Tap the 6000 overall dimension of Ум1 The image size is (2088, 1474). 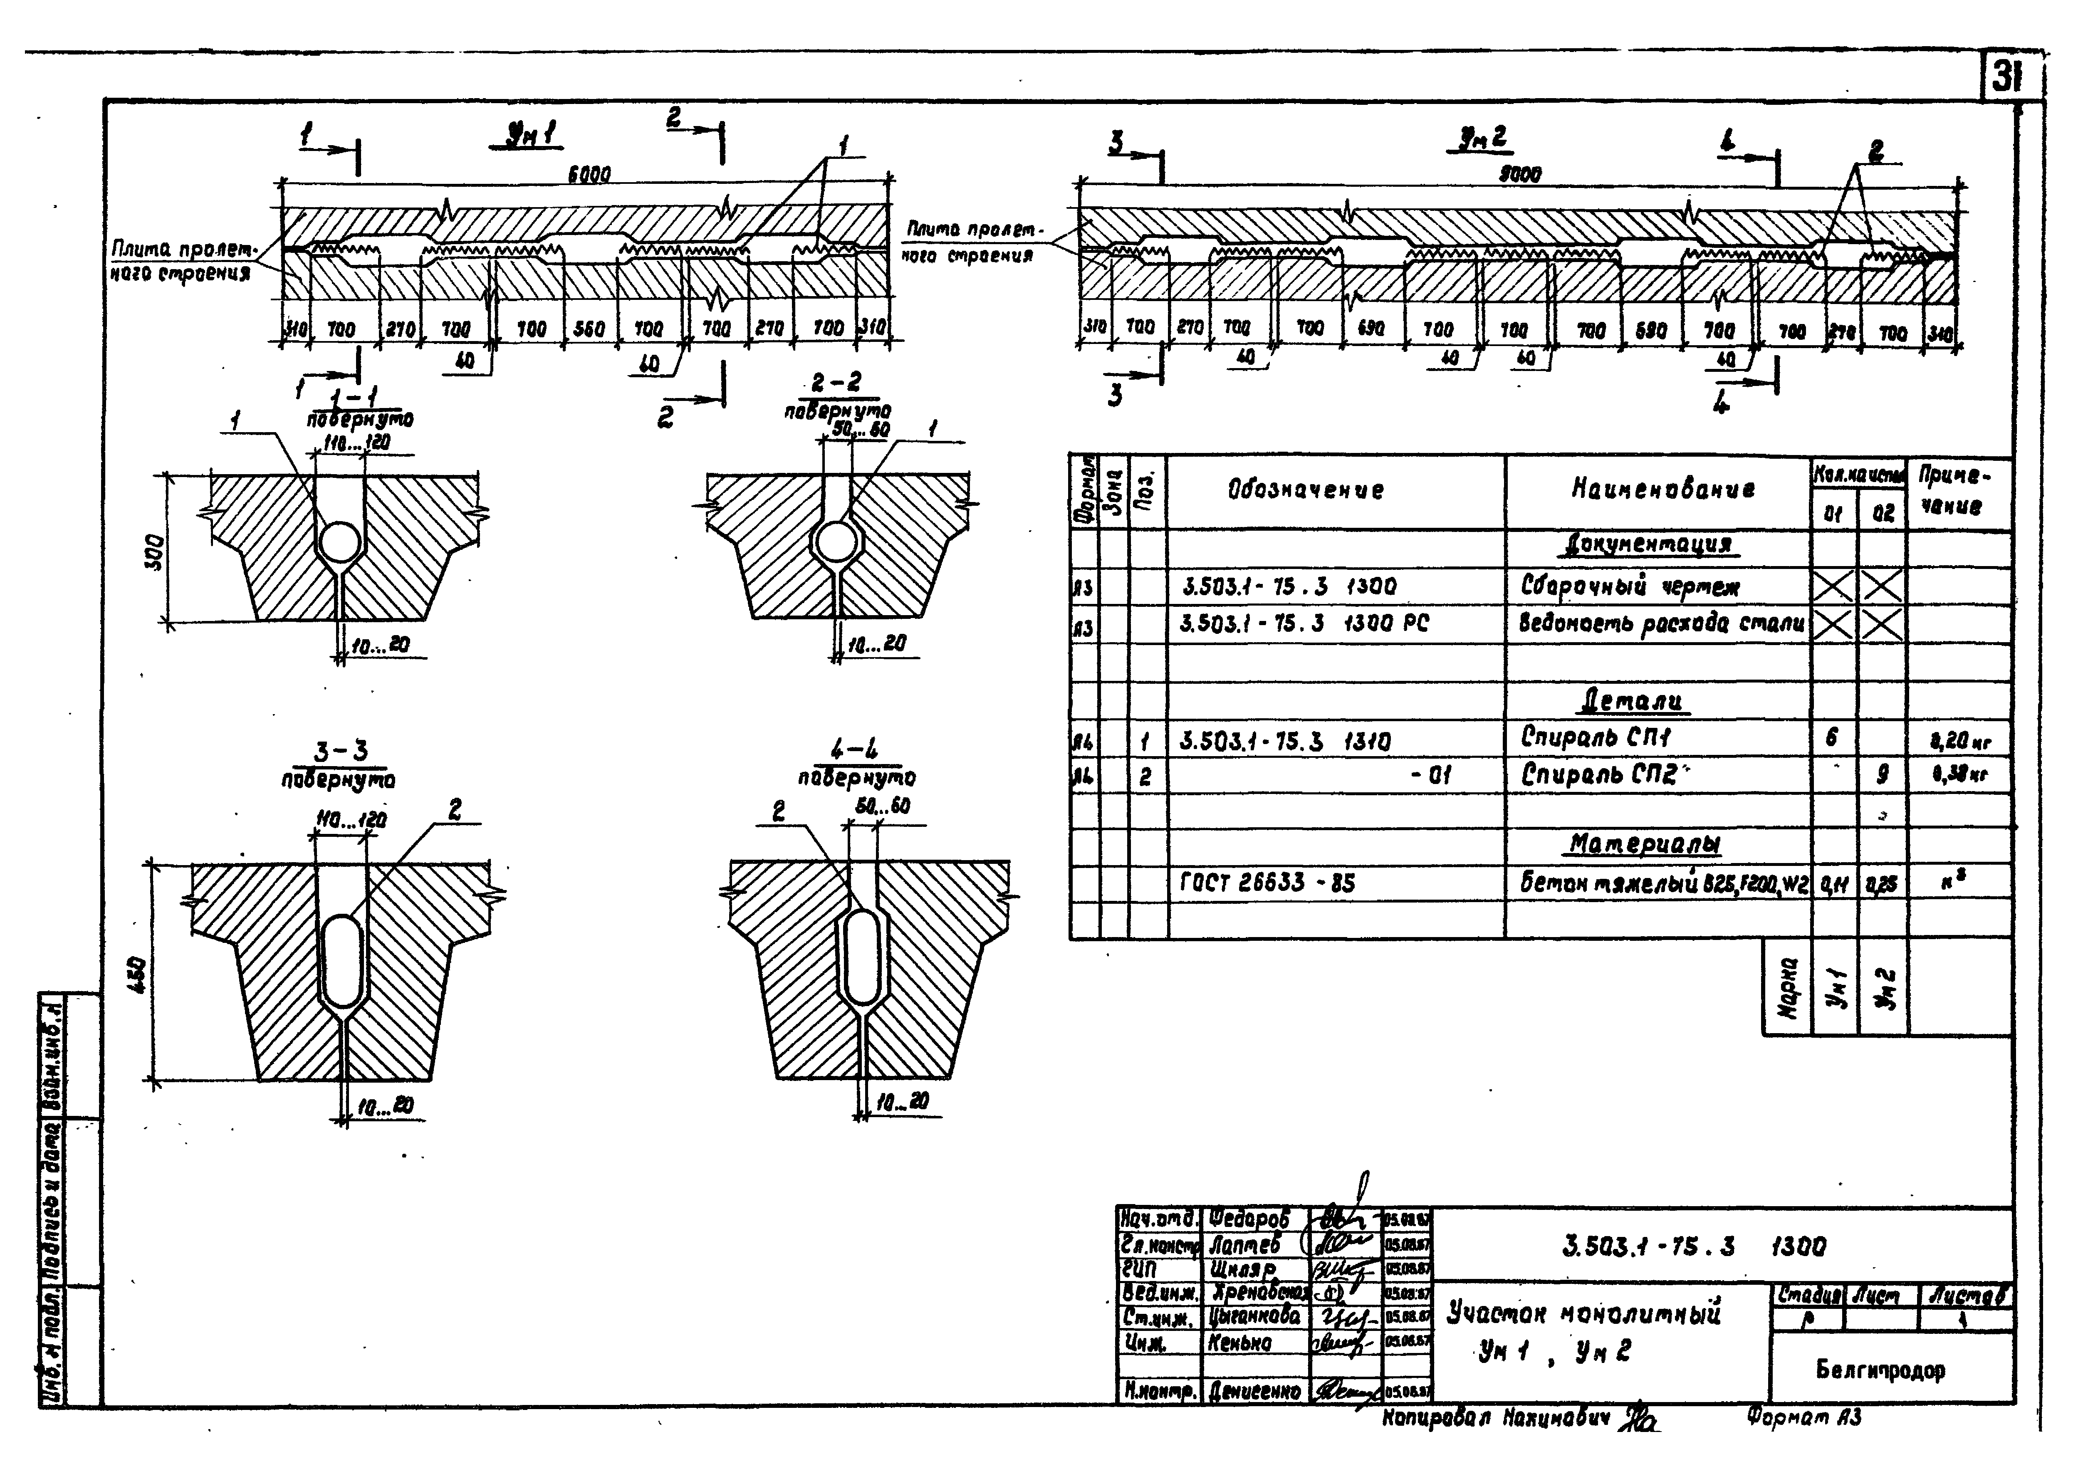(x=589, y=173)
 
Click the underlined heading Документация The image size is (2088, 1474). (x=1644, y=545)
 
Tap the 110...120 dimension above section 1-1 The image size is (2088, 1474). (x=356, y=443)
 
